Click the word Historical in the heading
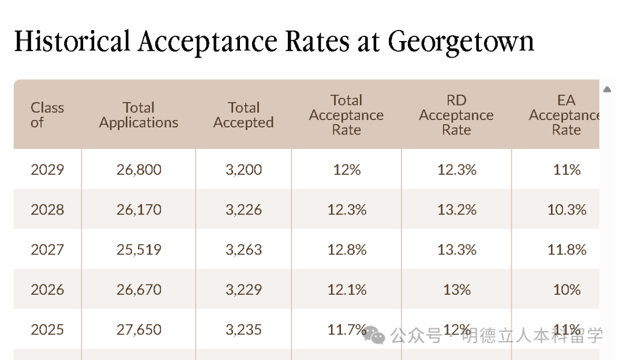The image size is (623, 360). [x=72, y=42]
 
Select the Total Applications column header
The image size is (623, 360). [x=138, y=115]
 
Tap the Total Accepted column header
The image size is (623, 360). [x=243, y=115]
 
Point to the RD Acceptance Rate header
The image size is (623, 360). [x=456, y=115]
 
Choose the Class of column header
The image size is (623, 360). [x=47, y=115]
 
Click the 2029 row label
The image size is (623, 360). [x=47, y=170]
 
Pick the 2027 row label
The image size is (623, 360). [x=47, y=250]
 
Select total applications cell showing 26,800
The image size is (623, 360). [x=138, y=170]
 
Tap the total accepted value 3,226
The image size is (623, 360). [x=243, y=210]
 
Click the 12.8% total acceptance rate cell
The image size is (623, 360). [x=347, y=250]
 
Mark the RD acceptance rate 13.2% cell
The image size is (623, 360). [x=456, y=210]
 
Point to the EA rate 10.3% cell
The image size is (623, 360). [x=566, y=210]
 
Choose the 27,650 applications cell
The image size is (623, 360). [x=138, y=330]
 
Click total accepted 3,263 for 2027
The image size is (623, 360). [x=243, y=250]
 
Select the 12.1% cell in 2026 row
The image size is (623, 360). [x=347, y=290]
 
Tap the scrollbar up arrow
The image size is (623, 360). [x=607, y=89]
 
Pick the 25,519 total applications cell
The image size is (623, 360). [x=138, y=250]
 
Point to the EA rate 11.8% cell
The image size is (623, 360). [x=566, y=250]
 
